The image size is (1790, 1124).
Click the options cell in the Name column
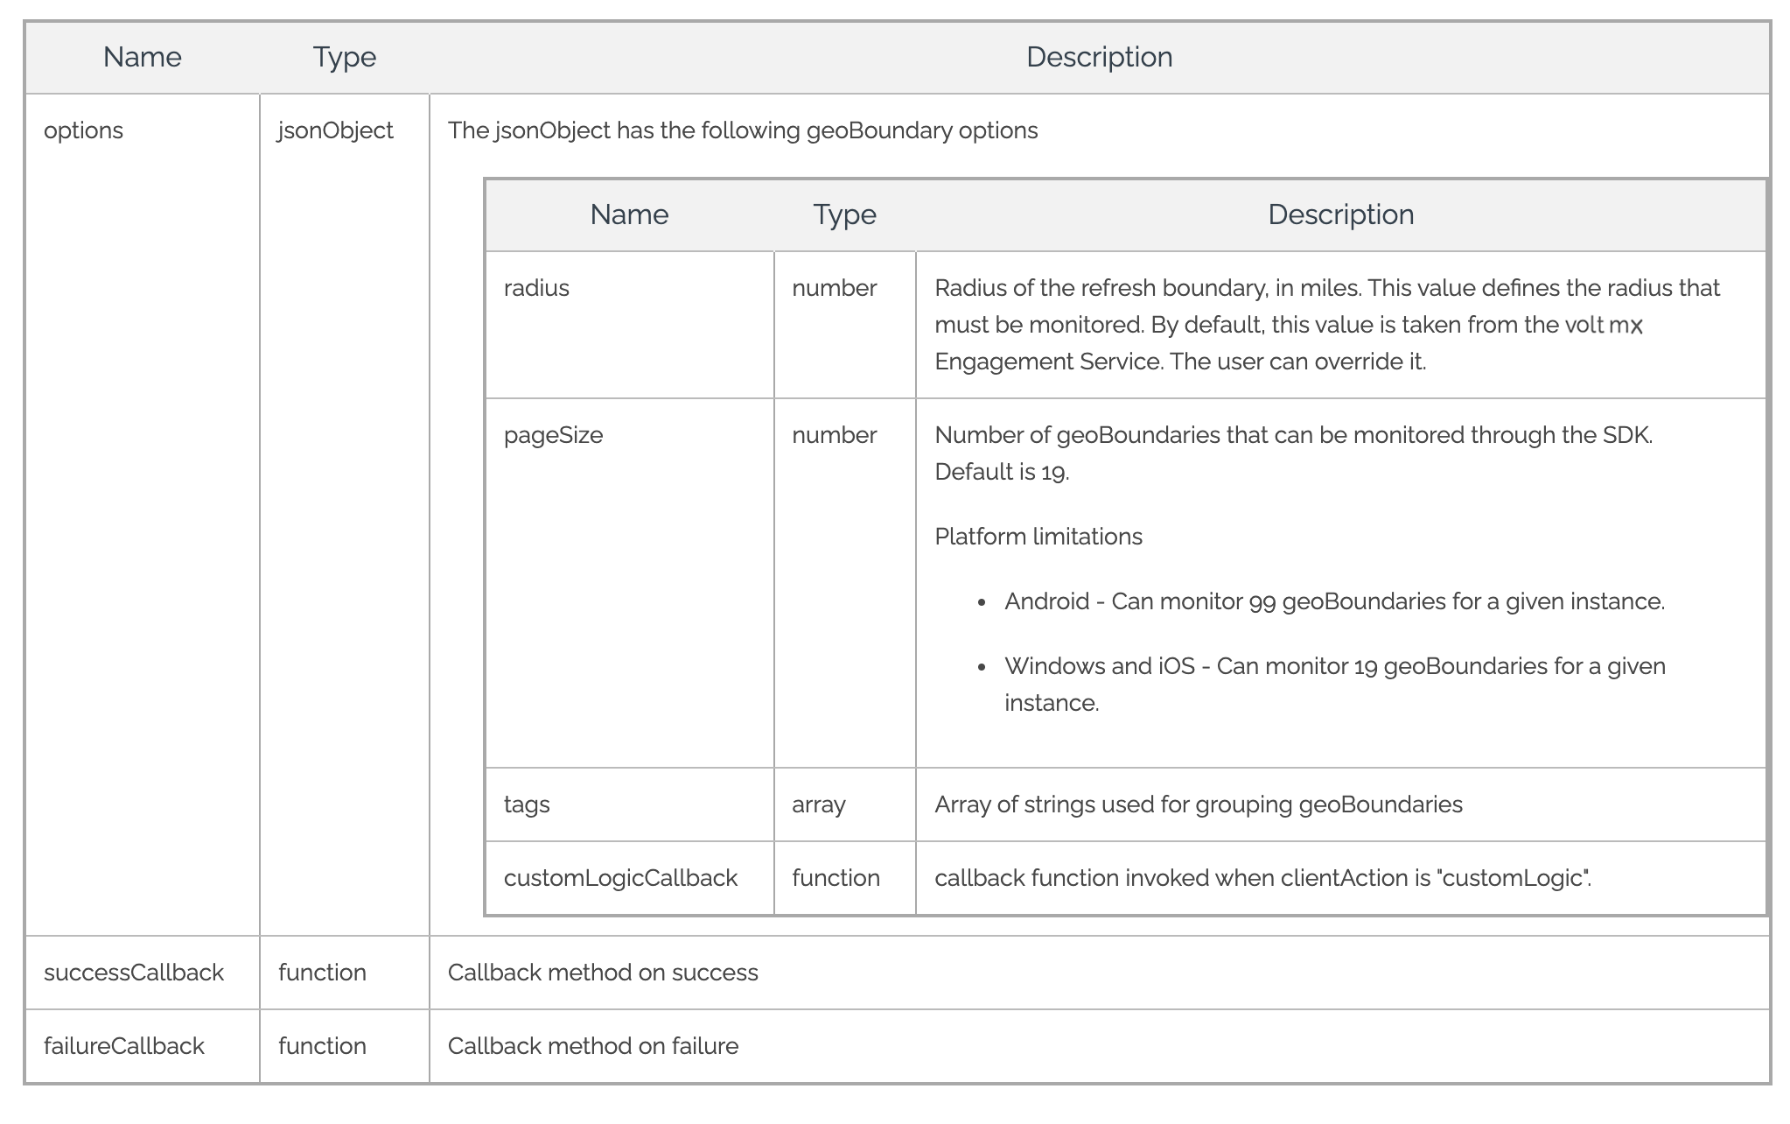[83, 131]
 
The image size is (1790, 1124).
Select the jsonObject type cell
[335, 131]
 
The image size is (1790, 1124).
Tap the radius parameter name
[536, 289]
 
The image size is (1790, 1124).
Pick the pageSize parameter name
[553, 436]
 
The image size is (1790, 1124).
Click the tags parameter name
[527, 805]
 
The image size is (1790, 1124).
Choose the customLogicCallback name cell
[620, 879]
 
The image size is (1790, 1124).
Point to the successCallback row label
[134, 973]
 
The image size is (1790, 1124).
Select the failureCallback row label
[124, 1047]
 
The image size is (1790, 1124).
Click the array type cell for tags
[818, 805]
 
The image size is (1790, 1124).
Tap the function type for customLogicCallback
[836, 879]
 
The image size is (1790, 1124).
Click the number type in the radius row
[834, 289]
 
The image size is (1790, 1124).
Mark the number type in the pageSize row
[834, 436]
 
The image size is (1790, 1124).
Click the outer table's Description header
[1099, 58]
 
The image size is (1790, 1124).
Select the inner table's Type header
[844, 215]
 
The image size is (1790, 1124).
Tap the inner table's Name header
[629, 215]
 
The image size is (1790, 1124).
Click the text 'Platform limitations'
[1038, 537]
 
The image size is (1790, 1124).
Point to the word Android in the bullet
[1046, 602]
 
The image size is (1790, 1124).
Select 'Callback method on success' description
[603, 973]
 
